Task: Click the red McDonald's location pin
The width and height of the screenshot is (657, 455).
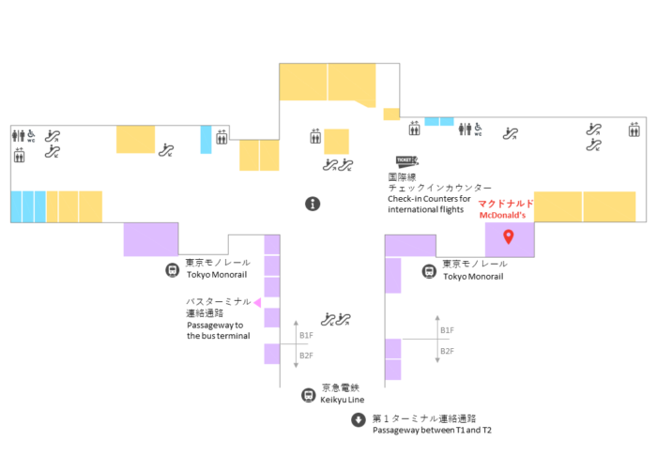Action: (x=509, y=236)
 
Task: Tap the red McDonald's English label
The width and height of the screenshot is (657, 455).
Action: (x=502, y=216)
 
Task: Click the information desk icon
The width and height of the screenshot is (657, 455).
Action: (x=313, y=204)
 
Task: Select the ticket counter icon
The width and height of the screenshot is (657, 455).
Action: (x=406, y=161)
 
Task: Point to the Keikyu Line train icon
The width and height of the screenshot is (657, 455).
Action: (x=309, y=395)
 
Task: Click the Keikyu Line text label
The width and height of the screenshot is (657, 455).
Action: (x=342, y=400)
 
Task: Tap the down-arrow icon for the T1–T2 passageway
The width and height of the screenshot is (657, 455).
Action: (x=359, y=419)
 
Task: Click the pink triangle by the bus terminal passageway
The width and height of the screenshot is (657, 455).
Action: (x=258, y=302)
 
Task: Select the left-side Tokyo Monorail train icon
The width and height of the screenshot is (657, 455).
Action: (x=172, y=270)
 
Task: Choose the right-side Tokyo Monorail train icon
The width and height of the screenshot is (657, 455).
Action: (x=429, y=271)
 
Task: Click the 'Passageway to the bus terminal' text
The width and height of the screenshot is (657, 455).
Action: (x=219, y=330)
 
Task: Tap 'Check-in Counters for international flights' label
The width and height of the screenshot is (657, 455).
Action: (x=429, y=204)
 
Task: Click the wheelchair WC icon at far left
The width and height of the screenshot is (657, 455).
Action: (x=31, y=136)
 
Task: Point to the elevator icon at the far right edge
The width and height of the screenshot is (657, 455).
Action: (x=634, y=129)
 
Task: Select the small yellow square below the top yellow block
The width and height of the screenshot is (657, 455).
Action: (x=391, y=114)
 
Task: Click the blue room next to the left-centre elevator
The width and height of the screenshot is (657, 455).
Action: (x=206, y=140)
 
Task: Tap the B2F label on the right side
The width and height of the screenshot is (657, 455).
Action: (x=447, y=351)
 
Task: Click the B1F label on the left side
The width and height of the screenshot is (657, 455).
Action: (x=306, y=335)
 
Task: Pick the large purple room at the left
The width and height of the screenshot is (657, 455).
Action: (x=151, y=239)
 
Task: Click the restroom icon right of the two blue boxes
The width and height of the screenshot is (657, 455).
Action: (x=466, y=129)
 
